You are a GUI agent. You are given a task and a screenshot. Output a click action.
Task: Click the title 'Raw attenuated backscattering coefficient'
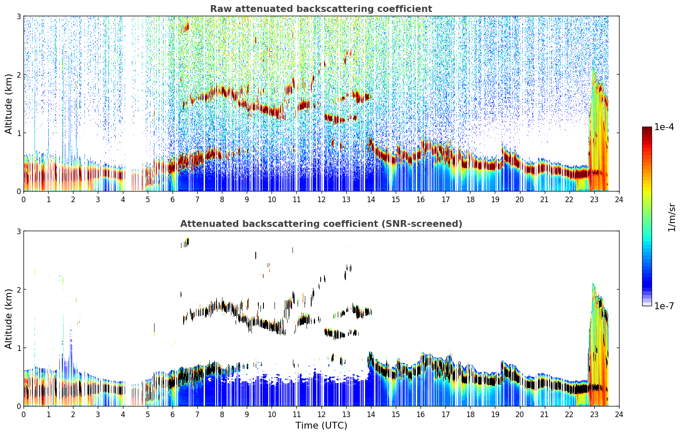[321, 9]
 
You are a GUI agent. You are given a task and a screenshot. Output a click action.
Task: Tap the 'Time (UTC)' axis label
[321, 425]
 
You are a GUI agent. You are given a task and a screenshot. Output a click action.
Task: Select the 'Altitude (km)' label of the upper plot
[9, 104]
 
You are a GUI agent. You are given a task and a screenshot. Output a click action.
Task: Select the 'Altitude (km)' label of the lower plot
[9, 319]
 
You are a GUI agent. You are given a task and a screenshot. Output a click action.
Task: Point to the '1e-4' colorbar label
[664, 127]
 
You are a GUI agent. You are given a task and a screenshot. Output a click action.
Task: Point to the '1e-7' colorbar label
[664, 306]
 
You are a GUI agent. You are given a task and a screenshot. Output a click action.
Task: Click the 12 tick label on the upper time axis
[322, 200]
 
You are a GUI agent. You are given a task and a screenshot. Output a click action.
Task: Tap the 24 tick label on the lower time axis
[619, 415]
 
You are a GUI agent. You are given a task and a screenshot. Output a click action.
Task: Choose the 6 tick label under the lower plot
[172, 415]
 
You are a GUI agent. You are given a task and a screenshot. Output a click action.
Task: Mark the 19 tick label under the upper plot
[495, 200]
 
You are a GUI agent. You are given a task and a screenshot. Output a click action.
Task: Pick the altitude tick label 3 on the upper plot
[18, 16]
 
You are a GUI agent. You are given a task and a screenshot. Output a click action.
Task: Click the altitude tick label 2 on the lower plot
[18, 290]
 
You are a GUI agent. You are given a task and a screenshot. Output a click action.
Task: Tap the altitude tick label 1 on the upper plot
[18, 133]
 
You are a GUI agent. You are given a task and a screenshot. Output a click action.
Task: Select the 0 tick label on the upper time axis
[24, 200]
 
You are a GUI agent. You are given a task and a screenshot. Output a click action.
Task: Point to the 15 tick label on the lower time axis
[396, 415]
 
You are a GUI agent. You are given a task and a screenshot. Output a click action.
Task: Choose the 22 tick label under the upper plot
[570, 200]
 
